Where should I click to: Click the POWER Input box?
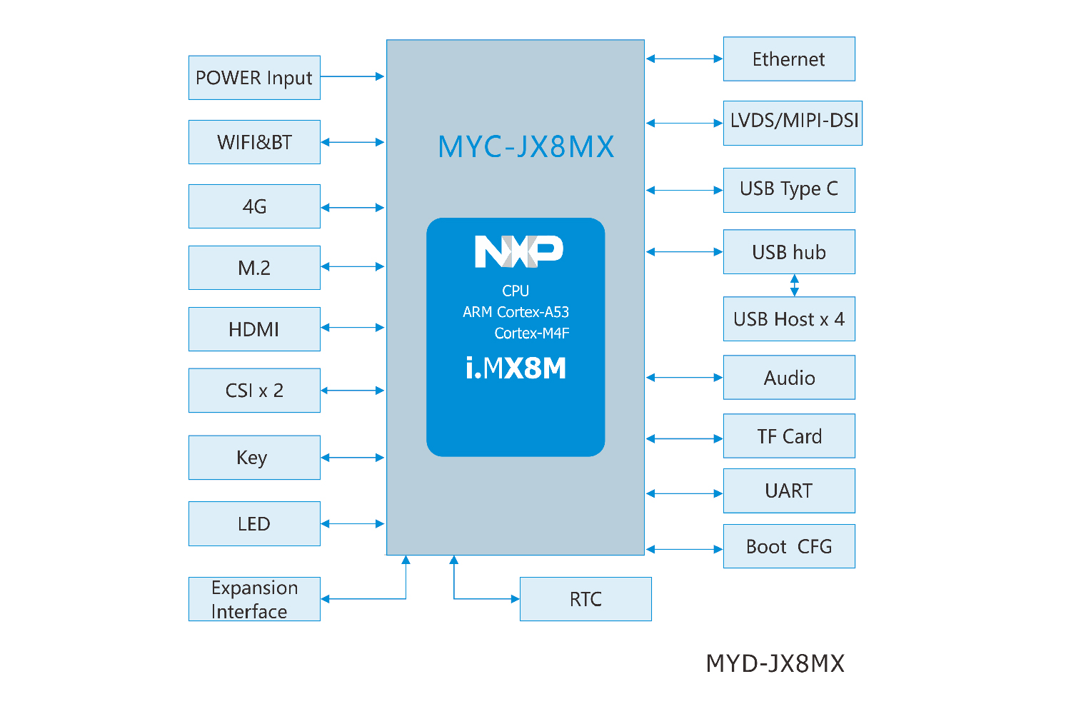pos(254,78)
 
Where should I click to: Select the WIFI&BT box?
pos(254,142)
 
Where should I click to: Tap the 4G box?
pos(254,206)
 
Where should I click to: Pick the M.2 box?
pos(254,268)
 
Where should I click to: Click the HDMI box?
pos(254,329)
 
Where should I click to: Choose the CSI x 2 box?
pos(254,391)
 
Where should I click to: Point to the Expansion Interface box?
pos(254,599)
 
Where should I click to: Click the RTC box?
pos(585,599)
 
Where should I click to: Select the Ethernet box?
pos(789,59)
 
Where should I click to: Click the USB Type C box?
pos(789,190)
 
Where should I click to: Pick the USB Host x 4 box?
pos(789,319)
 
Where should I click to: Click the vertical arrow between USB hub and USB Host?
pos(795,286)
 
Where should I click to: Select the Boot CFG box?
pos(789,546)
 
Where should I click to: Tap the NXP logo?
pos(519,251)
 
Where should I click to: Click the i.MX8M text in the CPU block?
pos(516,368)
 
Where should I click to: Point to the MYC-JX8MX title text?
pos(526,147)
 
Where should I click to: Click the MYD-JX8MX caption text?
pos(775,663)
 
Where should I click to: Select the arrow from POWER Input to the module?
pos(353,76)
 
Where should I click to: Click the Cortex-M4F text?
pos(532,333)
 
